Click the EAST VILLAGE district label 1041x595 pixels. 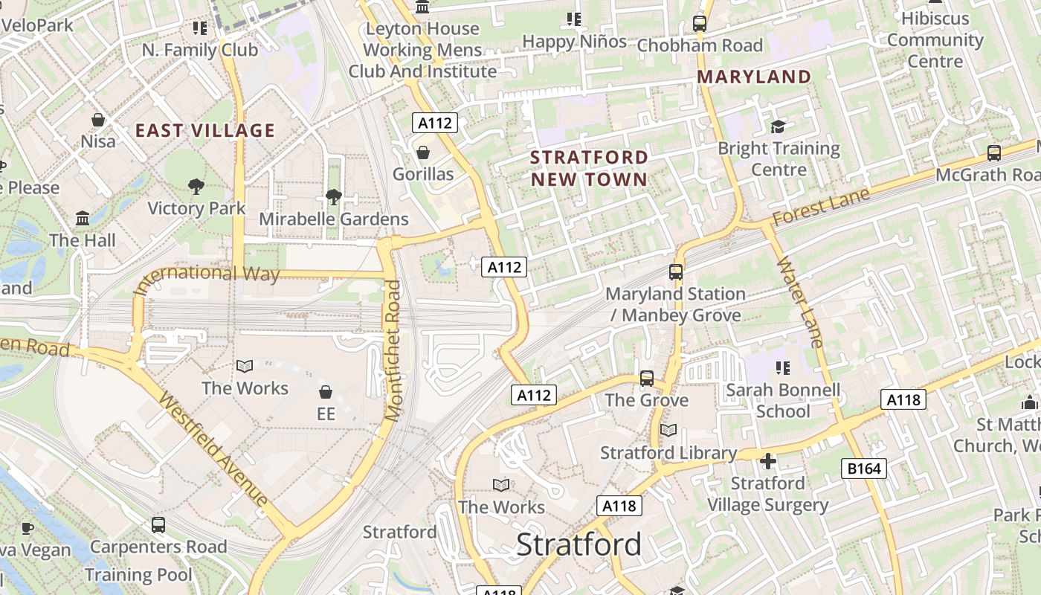coord(205,131)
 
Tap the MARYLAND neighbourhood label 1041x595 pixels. coord(754,77)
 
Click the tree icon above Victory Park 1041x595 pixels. coord(196,186)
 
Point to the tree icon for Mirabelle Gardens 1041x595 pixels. coord(334,196)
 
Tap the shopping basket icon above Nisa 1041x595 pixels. coord(98,120)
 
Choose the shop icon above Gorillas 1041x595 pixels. coord(423,152)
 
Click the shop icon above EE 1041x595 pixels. coord(326,392)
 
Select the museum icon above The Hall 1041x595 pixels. coord(83,219)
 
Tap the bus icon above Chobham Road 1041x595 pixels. coord(700,24)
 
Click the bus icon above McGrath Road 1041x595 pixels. coord(994,153)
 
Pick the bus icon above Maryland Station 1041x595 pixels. coord(676,272)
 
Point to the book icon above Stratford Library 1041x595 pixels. coord(668,431)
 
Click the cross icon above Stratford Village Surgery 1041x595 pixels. coord(768,462)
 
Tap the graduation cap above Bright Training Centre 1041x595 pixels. coord(779,126)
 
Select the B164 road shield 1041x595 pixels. coord(865,469)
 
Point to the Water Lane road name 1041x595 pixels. coord(799,302)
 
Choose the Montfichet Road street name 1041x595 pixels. coord(393,350)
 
